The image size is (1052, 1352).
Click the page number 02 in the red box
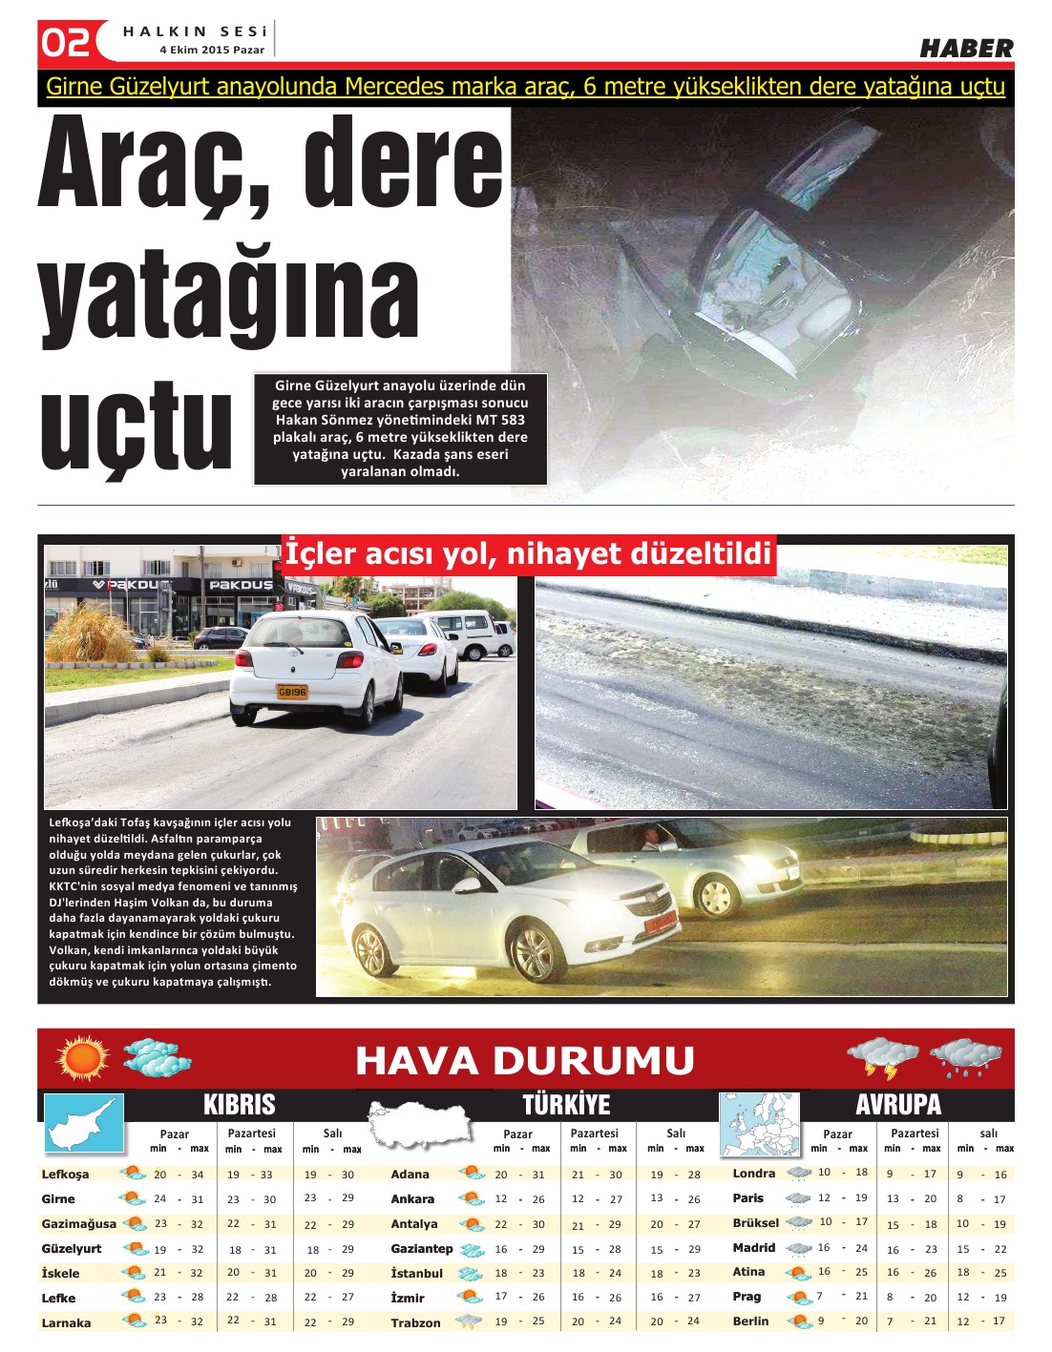pyautogui.click(x=66, y=42)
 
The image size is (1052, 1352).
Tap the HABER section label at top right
pyautogui.click(x=966, y=49)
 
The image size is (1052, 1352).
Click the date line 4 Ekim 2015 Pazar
pyautogui.click(x=212, y=50)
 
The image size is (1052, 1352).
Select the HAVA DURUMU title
pyautogui.click(x=524, y=1060)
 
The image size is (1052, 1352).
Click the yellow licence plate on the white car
pyautogui.click(x=292, y=692)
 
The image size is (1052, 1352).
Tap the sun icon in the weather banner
pyautogui.click(x=83, y=1058)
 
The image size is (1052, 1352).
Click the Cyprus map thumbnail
pyautogui.click(x=84, y=1123)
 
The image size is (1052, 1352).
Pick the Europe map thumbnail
pyautogui.click(x=759, y=1125)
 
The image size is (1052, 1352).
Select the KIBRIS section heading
pyautogui.click(x=239, y=1105)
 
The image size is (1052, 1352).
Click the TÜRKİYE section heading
pyautogui.click(x=565, y=1105)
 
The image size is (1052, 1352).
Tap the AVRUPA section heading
pyautogui.click(x=898, y=1105)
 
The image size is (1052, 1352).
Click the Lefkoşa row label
pyautogui.click(x=65, y=1175)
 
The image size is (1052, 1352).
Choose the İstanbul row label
pyautogui.click(x=417, y=1273)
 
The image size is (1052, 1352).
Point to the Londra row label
pyautogui.click(x=754, y=1173)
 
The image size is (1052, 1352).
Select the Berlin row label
pyautogui.click(x=750, y=1321)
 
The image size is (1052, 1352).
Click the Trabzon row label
pyautogui.click(x=415, y=1322)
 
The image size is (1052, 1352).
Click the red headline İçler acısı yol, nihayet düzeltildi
pyautogui.click(x=527, y=553)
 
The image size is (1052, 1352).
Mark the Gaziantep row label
pyautogui.click(x=422, y=1248)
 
